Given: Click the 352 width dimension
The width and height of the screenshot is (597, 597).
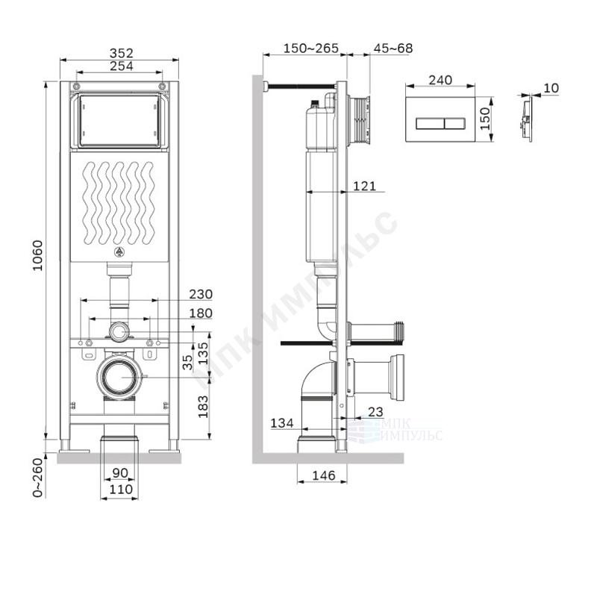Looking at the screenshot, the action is coord(122,53).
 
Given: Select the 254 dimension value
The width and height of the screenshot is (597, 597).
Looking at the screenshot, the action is coord(122,66).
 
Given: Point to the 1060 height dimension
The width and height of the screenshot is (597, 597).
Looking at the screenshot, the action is coord(38,255).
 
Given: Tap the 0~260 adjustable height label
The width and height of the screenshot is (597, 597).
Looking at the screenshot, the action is coord(38,478).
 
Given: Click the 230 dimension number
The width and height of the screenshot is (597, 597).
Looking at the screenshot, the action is coord(201,294).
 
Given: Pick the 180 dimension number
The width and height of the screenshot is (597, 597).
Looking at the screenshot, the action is coord(201,313).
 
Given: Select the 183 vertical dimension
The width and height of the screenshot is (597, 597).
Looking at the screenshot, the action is coord(203,407).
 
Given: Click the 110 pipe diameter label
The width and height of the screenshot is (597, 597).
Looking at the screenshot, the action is coord(121,490).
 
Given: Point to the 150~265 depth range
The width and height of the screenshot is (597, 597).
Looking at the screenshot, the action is coord(310,49).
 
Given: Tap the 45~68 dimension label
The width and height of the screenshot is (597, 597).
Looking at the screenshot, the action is coord(393,49).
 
